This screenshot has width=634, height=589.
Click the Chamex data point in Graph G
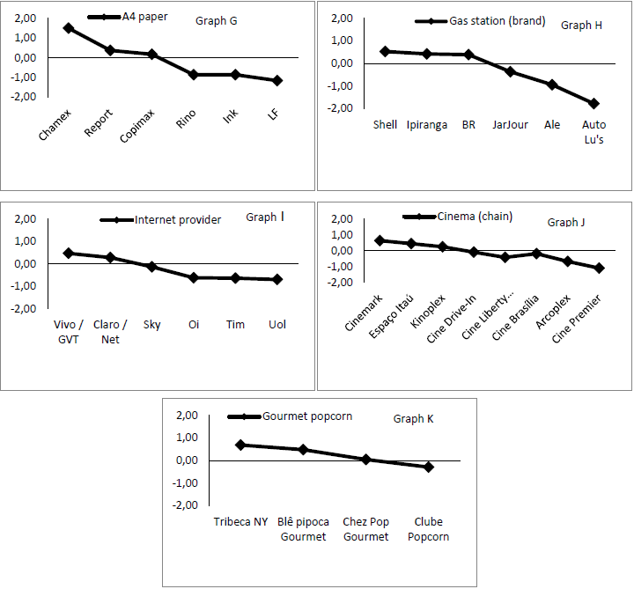69,28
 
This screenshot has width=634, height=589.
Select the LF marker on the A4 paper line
277,80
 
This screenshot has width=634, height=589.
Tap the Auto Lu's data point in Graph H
593,103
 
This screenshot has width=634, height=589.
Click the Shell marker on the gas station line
385,51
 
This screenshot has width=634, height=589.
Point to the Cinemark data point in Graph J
380,240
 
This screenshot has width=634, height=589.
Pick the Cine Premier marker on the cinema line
600,268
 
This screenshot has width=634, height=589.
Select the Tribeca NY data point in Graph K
240,445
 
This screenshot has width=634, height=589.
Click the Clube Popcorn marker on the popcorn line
429,467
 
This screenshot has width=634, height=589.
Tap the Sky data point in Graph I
151,266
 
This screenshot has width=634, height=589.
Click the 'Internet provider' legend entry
177,219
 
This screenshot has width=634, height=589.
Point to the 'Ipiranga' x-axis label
426,125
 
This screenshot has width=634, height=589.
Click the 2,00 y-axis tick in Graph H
341,18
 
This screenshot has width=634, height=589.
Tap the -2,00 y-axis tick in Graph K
187,505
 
